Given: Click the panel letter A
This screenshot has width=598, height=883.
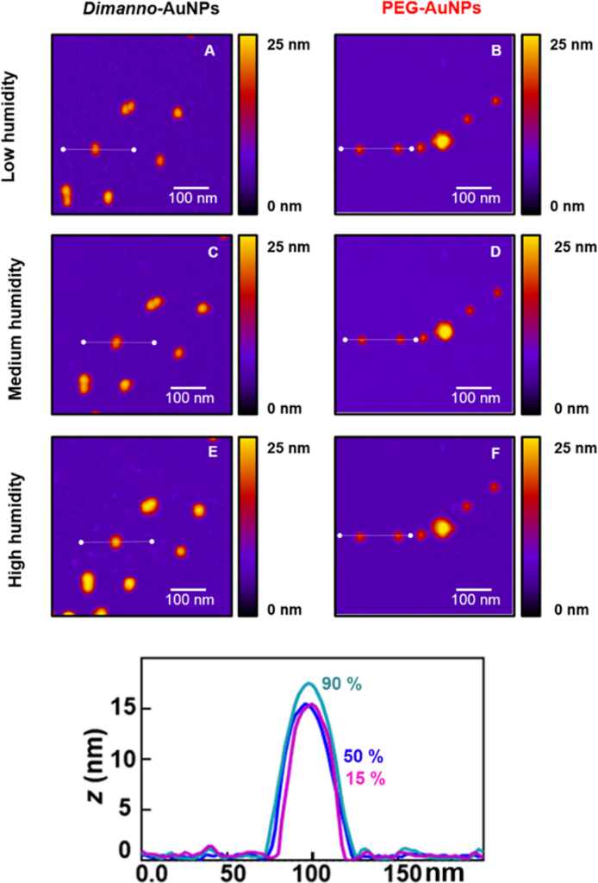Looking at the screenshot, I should point(209,51).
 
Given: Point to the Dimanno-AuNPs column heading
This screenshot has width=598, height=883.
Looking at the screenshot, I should point(141,12).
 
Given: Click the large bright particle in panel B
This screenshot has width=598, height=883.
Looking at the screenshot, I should point(442,141).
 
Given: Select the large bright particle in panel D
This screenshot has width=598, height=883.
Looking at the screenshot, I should point(445,330).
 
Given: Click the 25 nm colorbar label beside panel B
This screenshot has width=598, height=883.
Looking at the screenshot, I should point(569,44).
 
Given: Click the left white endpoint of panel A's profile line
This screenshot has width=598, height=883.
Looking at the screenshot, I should point(63,149).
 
